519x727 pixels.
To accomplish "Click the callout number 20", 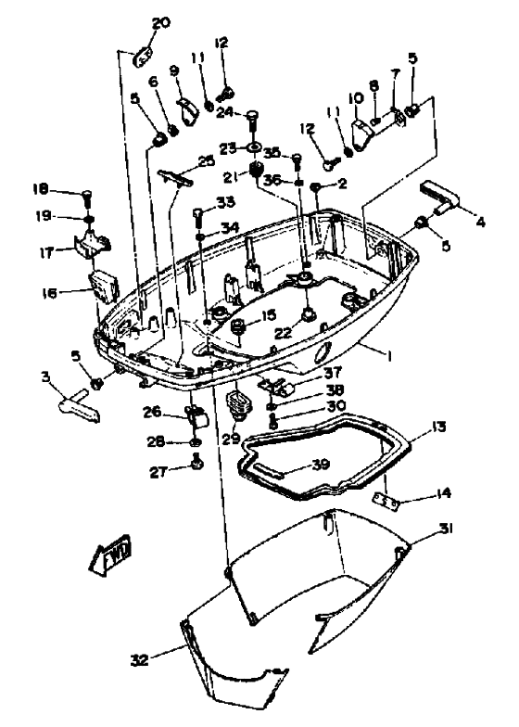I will pos(161,23).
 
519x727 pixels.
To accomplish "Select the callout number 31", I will pos(448,529).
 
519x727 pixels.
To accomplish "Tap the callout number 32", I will pos(139,660).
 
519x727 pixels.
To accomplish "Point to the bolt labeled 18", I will pos(86,196).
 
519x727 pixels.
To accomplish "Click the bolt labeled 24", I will pos(251,118).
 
